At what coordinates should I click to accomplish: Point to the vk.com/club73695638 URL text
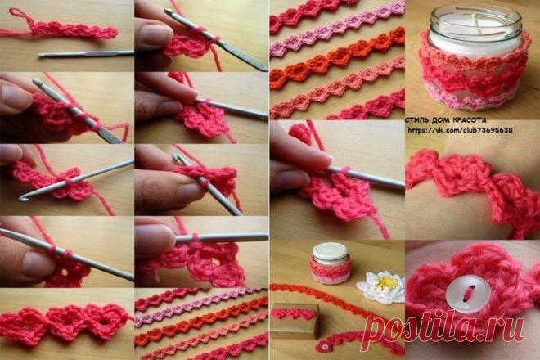[460, 130]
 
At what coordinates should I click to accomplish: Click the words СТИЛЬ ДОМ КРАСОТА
[447, 120]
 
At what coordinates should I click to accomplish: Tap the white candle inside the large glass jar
[475, 34]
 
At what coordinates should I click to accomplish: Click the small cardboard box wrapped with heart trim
[295, 321]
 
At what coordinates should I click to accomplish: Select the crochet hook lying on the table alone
[85, 54]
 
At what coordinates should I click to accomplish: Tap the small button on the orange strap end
[324, 346]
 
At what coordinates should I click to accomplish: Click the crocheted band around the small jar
[331, 271]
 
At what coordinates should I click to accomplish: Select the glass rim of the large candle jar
[475, 11]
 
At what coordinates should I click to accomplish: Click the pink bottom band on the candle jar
[474, 100]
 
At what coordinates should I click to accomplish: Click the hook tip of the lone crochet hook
[39, 55]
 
